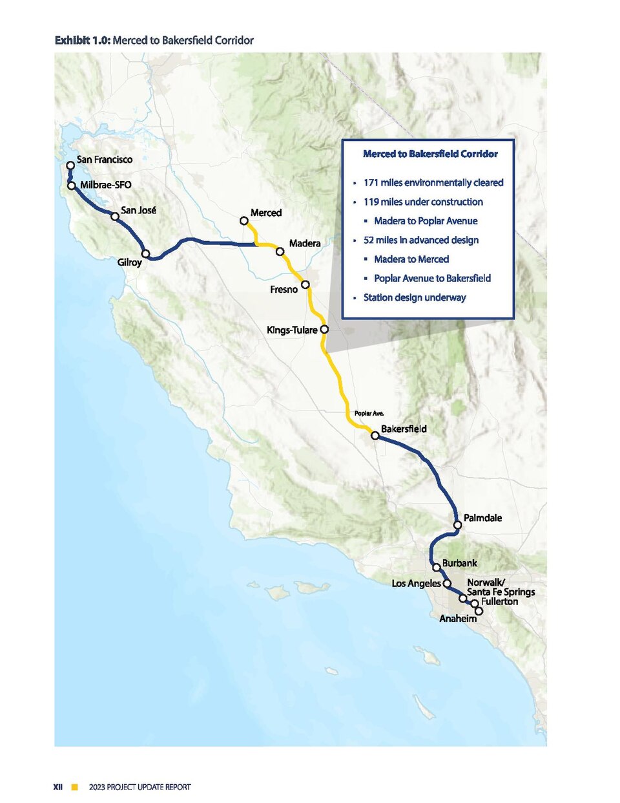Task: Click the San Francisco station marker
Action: click(x=71, y=166)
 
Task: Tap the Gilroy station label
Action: click(x=129, y=262)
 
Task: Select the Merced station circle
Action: click(x=244, y=221)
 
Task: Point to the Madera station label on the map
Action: click(x=305, y=244)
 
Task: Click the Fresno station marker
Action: click(x=306, y=284)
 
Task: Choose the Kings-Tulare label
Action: click(x=292, y=330)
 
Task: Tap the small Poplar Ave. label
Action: click(x=369, y=413)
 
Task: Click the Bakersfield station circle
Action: click(x=375, y=436)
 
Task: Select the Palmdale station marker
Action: click(x=457, y=525)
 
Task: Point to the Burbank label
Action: click(x=460, y=563)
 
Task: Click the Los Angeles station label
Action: click(x=416, y=584)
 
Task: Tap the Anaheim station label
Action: click(x=458, y=619)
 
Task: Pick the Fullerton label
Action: click(x=499, y=602)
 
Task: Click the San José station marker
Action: click(x=115, y=217)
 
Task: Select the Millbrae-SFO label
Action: click(x=105, y=185)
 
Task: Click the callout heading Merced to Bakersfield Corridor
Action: click(x=430, y=154)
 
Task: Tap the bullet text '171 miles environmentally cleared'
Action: click(x=433, y=183)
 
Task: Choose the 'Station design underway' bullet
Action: click(x=414, y=297)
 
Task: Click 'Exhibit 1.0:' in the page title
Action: click(x=82, y=40)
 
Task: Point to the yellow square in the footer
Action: click(x=75, y=787)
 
